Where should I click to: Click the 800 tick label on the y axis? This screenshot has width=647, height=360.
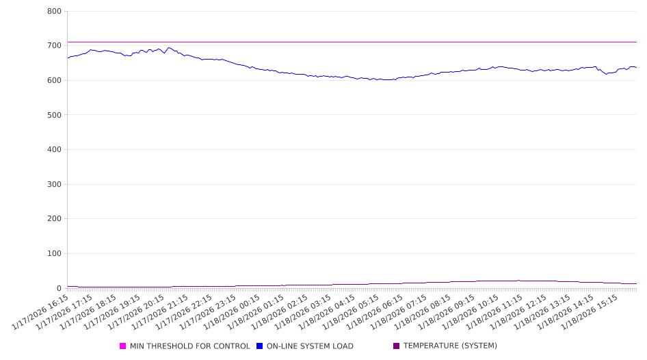(x=55, y=12)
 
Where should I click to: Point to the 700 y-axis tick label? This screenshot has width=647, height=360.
(x=55, y=46)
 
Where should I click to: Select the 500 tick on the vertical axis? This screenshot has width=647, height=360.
(x=55, y=115)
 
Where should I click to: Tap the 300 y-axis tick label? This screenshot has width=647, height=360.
(x=55, y=184)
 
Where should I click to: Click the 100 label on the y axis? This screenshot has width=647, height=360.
(x=55, y=254)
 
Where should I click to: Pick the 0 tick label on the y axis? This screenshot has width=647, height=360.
(x=60, y=288)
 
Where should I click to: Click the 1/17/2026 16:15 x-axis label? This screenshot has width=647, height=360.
(x=40, y=314)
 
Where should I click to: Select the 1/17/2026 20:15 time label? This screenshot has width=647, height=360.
(x=135, y=314)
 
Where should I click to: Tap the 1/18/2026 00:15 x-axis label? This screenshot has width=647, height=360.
(x=230, y=314)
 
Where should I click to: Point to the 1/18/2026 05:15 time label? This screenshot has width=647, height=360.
(x=349, y=314)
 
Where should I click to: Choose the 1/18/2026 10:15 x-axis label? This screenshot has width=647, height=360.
(x=468, y=314)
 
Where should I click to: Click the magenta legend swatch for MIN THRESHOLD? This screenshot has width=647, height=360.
(x=123, y=346)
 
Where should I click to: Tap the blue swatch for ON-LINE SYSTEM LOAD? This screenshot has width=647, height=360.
(x=260, y=346)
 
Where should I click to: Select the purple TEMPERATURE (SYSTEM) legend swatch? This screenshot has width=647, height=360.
(x=397, y=346)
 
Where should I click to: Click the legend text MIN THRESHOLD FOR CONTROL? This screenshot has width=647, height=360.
(x=189, y=346)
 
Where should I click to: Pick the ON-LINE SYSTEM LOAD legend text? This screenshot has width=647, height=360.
(x=310, y=346)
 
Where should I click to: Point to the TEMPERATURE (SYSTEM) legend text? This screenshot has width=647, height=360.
(x=450, y=346)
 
